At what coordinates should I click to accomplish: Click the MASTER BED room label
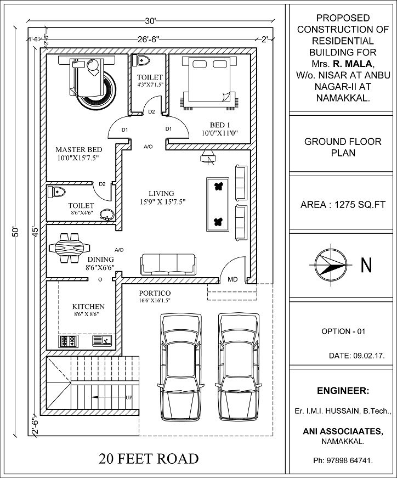79,149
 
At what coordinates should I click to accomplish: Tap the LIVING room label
161,193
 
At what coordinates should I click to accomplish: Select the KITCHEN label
88,306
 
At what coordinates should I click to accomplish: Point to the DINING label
100,259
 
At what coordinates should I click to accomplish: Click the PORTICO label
155,293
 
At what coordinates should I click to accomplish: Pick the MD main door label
232,279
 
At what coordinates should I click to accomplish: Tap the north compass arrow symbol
331,265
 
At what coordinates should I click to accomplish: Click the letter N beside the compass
366,266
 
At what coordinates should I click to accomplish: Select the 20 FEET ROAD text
149,459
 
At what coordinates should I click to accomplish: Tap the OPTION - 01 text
343,331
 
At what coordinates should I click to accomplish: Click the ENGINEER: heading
343,391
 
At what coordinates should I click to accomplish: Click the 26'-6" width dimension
149,40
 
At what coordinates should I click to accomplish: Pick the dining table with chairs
68,247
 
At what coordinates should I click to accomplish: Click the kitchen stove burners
69,341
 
